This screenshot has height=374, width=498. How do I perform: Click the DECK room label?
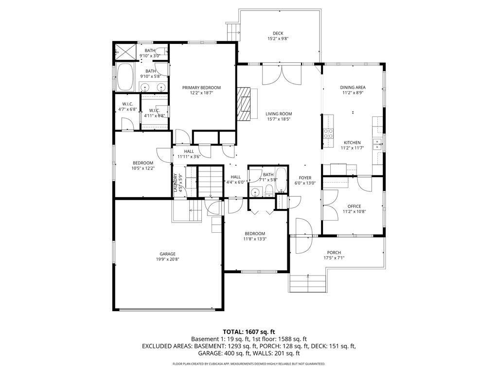coord(278,34)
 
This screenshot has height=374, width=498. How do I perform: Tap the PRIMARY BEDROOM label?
coord(201,88)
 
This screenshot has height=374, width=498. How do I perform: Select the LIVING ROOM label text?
coord(279,114)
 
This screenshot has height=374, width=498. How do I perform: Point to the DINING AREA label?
coord(353,88)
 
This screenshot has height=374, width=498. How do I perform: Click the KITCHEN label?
coord(352,143)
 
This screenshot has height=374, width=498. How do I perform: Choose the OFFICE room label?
coord(354,206)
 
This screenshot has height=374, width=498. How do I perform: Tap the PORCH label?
coord(334,253)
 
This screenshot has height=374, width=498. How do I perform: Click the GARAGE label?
coord(167,254)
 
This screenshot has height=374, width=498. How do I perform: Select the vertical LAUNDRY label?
coord(175,183)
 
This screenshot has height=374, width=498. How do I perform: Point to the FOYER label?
coord(305,178)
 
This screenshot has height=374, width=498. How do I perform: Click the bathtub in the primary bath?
coord(125,77)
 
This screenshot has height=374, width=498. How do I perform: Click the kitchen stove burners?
coord(328,133)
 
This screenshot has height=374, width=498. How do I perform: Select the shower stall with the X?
coord(125,51)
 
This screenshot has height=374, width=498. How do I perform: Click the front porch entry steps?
coord(307,283)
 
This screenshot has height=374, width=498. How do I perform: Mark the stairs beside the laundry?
coord(210,181)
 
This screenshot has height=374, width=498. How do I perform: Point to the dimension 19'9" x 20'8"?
coord(167,259)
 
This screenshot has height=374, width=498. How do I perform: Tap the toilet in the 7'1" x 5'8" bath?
coord(269,190)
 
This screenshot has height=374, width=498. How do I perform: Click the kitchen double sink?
coord(377,144)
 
